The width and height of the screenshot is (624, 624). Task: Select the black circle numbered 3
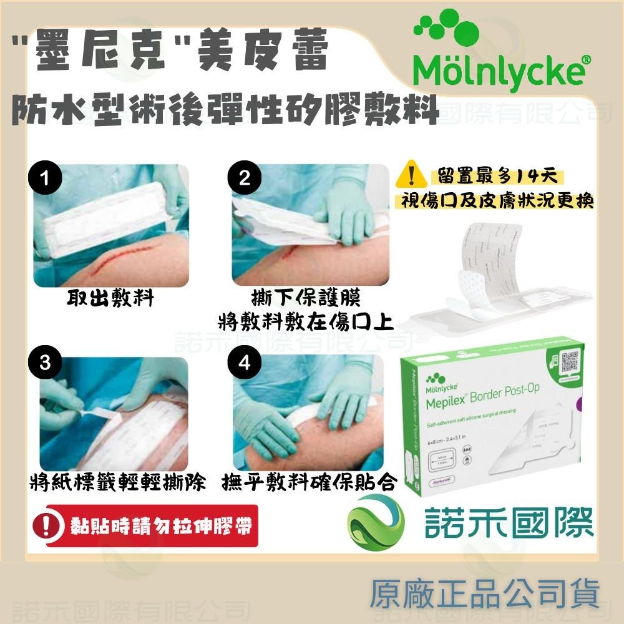click(x=44, y=364)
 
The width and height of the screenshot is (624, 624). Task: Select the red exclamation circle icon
click(x=46, y=527)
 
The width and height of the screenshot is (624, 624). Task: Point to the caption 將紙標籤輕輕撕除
click(x=118, y=484)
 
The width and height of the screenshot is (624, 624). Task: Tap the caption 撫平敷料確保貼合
click(x=310, y=484)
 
